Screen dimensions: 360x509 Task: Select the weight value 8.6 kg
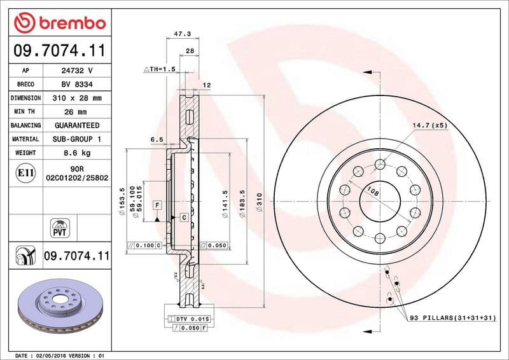pyautogui.click(x=76, y=153)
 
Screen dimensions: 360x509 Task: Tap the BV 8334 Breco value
pyautogui.click(x=76, y=84)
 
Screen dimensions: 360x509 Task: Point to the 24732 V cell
pyautogui.click(x=76, y=71)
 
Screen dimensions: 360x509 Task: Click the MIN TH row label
pyautogui.click(x=25, y=112)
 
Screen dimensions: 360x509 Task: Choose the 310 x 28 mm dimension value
pyautogui.click(x=76, y=98)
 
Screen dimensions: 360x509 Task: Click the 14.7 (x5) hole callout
pyautogui.click(x=429, y=126)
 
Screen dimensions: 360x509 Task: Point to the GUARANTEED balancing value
pyautogui.click(x=76, y=125)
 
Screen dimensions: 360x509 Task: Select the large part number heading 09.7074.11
pyautogui.click(x=59, y=49)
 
